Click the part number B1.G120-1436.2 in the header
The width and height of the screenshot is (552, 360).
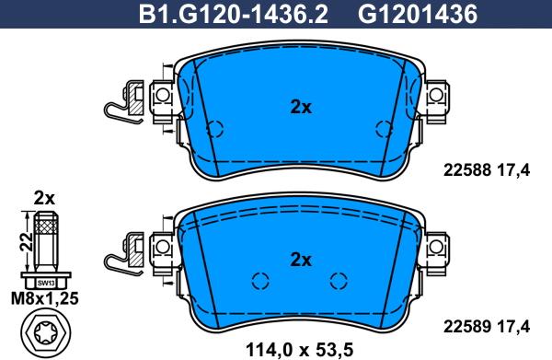click(234, 15)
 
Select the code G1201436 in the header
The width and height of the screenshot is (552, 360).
click(418, 15)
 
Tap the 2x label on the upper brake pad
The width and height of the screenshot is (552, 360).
click(301, 107)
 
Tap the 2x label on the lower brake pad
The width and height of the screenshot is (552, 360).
click(301, 260)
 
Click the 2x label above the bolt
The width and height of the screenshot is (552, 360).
click(44, 199)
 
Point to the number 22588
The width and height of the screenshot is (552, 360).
click(466, 170)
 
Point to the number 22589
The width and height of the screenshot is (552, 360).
click(466, 327)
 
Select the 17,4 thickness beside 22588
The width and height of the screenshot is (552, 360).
click(513, 170)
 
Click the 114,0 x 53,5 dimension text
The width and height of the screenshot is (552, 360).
click(299, 350)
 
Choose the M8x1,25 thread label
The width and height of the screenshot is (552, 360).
click(45, 298)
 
